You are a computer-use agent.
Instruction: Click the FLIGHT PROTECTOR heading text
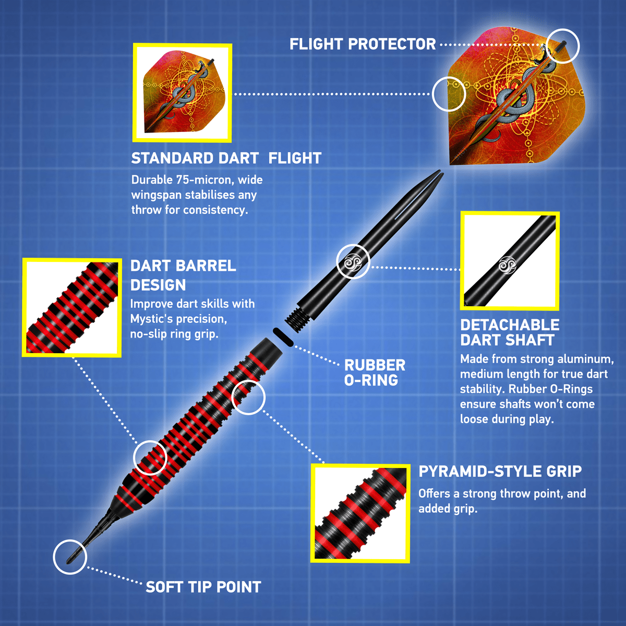click(363, 44)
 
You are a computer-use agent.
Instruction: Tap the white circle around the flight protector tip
click(563, 46)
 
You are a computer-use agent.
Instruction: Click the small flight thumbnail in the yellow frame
click(182, 93)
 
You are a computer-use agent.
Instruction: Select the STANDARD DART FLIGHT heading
click(226, 158)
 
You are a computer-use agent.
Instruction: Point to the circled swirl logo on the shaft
click(353, 261)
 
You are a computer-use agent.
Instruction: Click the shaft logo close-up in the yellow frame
click(510, 261)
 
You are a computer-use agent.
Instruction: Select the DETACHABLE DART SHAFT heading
click(509, 332)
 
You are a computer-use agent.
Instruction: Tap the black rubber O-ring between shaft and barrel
click(283, 336)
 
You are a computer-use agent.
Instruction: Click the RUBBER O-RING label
click(375, 372)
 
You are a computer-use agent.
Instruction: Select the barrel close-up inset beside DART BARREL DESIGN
click(72, 308)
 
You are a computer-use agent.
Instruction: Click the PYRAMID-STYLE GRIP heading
click(500, 472)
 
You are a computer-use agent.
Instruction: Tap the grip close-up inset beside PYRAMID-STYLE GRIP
click(360, 513)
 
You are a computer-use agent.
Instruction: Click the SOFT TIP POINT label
click(203, 587)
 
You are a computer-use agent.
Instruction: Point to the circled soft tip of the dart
click(70, 557)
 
